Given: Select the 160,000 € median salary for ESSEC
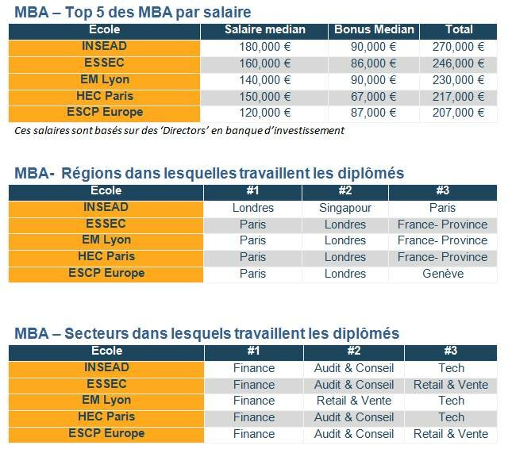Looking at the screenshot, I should coord(264,63).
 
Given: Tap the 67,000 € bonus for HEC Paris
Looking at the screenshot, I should coord(374,97).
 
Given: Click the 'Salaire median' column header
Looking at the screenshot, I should coord(264,29).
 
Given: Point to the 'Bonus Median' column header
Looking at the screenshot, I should coord(374,29).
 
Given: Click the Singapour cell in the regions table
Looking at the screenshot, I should coord(345,208).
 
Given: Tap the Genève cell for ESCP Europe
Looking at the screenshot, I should coord(442,274).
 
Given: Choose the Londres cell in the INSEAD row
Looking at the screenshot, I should coord(252,208).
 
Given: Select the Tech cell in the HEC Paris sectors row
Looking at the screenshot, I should coord(451,417).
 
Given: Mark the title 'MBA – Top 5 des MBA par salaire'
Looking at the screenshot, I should coord(133,12).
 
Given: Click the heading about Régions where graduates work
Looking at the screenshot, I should coord(210,173).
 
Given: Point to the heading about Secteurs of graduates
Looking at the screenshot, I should coord(206,333).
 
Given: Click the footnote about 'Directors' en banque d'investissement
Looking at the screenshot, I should coord(179,130).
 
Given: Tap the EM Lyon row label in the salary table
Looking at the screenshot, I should coord(105,80).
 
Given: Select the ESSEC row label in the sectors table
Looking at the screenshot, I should coord(106,384).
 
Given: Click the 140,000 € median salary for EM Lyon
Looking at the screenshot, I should coord(264,80).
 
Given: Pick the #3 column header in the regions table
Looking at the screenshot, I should coord(442,191).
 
